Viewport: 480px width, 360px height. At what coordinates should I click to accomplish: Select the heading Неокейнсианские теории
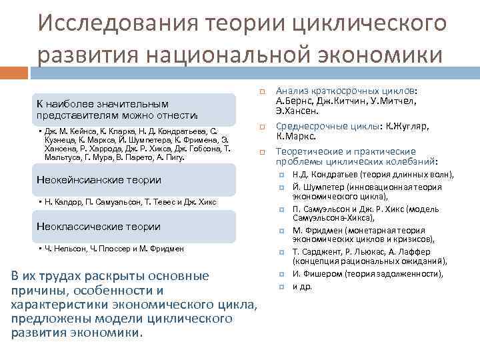coord(98,180)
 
